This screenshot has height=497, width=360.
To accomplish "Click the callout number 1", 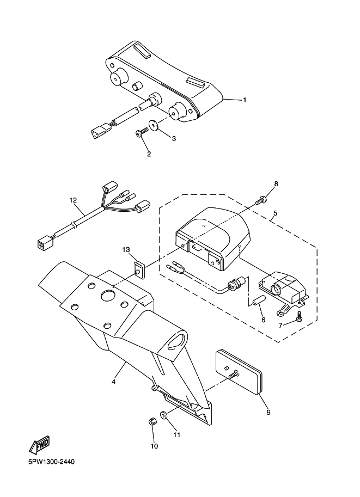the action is [x=245, y=100].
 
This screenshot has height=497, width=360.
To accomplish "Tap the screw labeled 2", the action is [x=142, y=132].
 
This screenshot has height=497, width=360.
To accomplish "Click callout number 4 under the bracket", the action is [x=113, y=382].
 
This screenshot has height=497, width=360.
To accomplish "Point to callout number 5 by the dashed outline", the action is [x=275, y=213].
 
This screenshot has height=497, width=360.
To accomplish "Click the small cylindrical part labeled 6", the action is [x=258, y=299].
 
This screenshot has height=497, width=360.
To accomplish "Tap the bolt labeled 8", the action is [x=261, y=200].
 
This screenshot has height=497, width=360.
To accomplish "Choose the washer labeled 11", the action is [x=164, y=415].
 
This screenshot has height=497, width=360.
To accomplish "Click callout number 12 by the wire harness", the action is [x=74, y=200].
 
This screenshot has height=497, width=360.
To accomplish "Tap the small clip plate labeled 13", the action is [x=139, y=269].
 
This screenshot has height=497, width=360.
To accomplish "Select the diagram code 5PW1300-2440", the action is [x=52, y=462].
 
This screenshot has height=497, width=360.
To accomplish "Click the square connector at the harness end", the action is [x=43, y=244].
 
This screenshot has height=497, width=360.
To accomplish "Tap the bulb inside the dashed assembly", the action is [x=236, y=282].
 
